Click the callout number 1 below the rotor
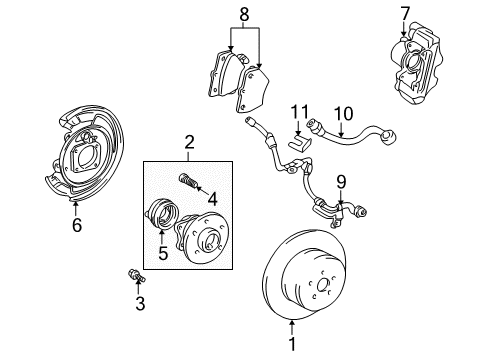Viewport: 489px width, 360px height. click(292, 347)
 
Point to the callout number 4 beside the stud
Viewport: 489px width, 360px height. click(212, 198)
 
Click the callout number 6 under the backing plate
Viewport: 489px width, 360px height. click(76, 226)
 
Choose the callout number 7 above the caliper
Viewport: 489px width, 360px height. click(404, 14)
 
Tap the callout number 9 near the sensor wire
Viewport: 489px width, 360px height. click(341, 181)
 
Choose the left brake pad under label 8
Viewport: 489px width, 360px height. click(227, 72)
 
